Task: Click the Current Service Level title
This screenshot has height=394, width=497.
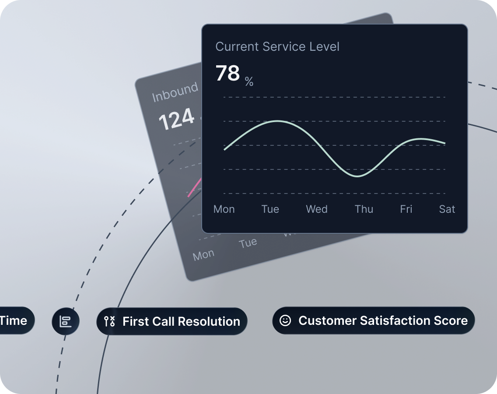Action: click(277, 47)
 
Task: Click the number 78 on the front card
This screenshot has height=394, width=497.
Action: click(227, 73)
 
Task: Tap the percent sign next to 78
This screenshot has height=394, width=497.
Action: click(249, 81)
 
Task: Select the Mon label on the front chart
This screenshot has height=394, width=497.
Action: click(224, 209)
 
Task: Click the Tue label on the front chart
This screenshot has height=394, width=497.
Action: click(270, 209)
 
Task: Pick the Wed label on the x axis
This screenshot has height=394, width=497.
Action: click(317, 209)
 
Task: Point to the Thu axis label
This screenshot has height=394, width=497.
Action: click(364, 209)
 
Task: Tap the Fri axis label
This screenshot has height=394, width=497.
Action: click(406, 209)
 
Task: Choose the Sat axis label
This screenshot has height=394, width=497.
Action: click(447, 209)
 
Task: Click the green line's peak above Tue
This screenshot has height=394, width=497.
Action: click(277, 121)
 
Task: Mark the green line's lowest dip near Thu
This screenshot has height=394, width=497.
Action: click(358, 176)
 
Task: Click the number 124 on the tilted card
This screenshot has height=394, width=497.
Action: click(176, 119)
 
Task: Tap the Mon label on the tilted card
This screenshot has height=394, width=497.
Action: click(203, 255)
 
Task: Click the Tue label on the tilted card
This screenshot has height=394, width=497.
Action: click(248, 243)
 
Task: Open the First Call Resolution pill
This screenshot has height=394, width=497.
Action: click(172, 321)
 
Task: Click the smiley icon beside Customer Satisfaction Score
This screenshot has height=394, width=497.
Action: click(285, 320)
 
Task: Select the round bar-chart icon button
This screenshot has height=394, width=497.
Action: click(66, 321)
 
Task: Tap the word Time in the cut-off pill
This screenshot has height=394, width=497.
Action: click(14, 320)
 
